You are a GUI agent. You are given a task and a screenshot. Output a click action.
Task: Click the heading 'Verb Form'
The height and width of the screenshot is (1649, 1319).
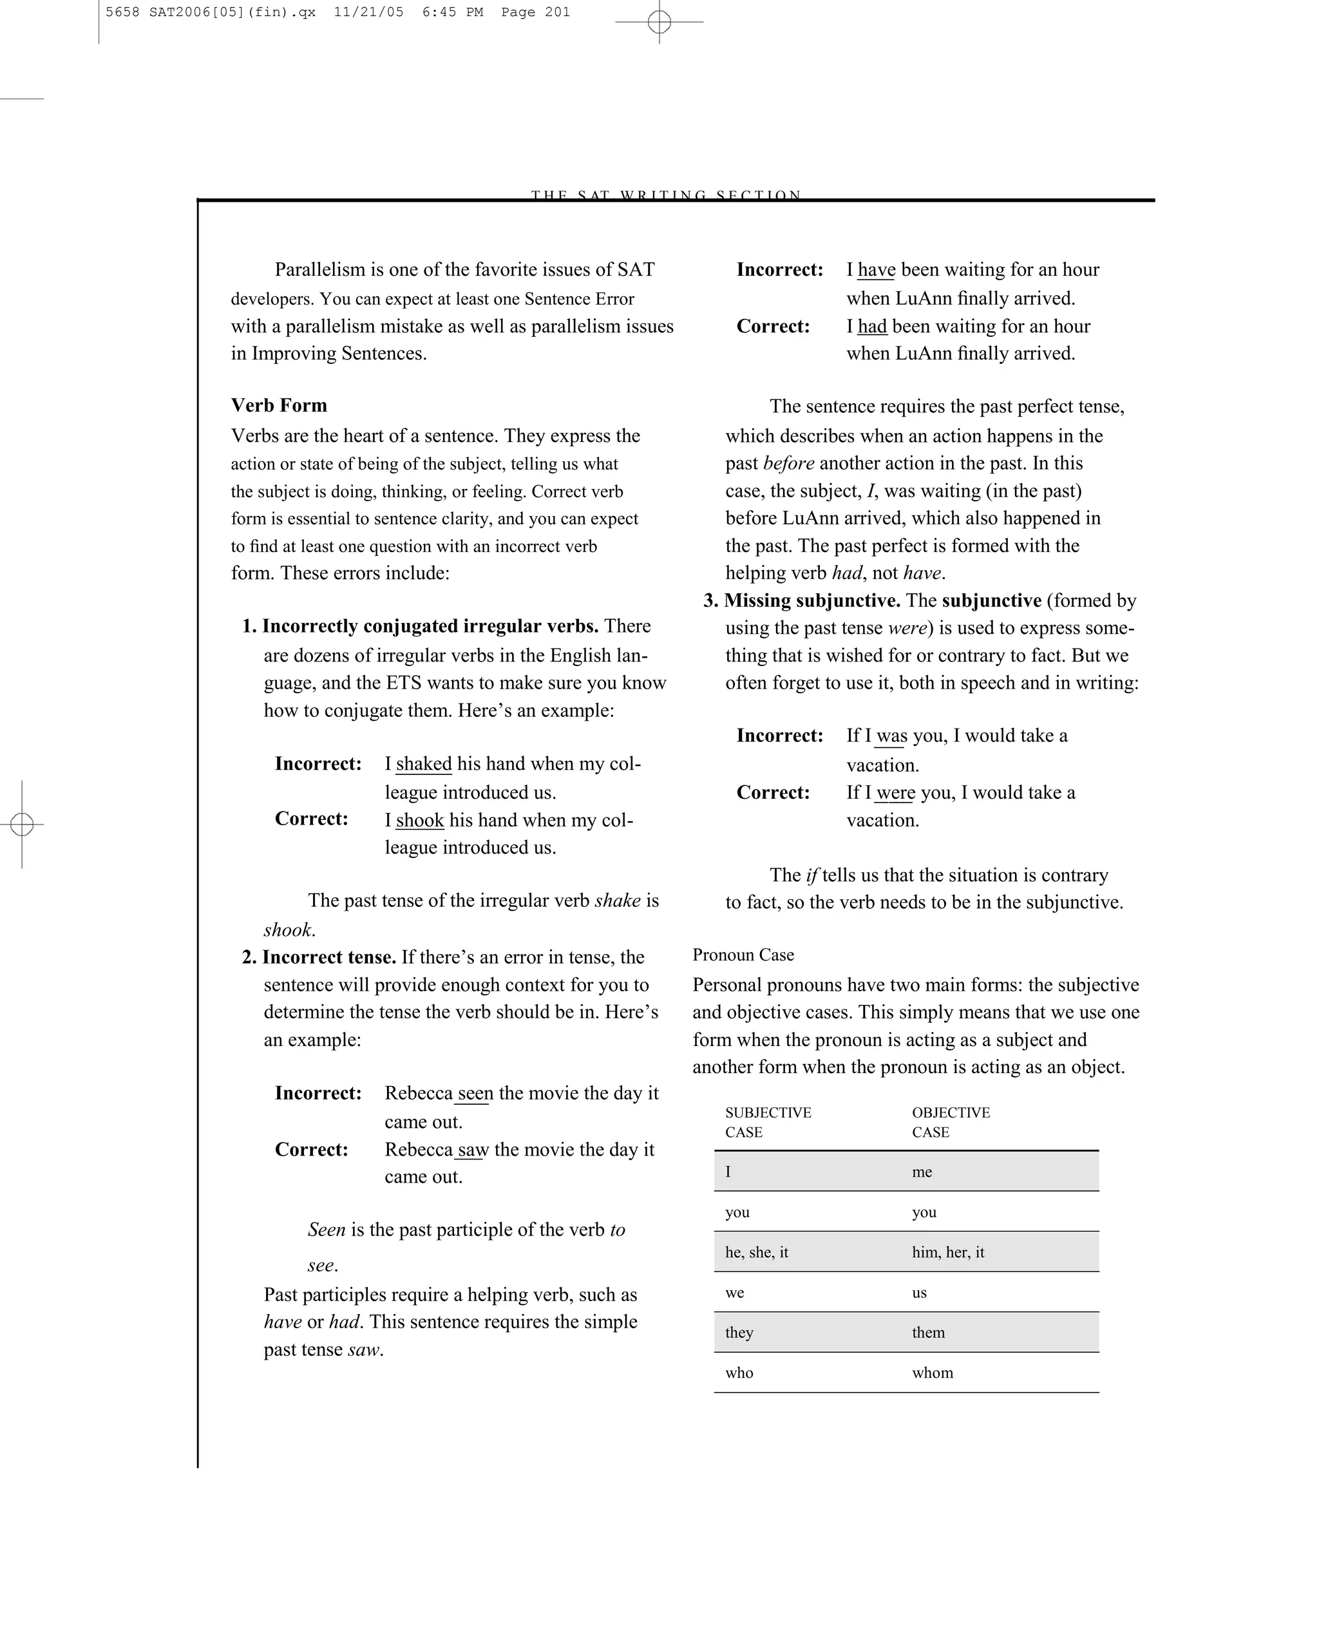[x=278, y=405]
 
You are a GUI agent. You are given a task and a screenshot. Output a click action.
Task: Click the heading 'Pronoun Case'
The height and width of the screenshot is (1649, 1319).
[x=743, y=955]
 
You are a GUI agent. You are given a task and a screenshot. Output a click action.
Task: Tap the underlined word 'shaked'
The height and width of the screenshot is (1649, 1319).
[x=423, y=764]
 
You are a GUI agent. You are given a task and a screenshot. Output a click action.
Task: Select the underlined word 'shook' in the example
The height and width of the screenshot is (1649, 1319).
[x=419, y=820]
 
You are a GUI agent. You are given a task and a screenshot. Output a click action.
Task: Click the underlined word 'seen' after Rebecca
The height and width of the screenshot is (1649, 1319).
[x=475, y=1094]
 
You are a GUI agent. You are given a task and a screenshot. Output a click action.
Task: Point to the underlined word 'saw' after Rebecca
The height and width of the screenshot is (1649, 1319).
[x=473, y=1150]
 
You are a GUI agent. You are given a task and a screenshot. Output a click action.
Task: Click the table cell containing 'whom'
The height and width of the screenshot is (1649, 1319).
[x=932, y=1373]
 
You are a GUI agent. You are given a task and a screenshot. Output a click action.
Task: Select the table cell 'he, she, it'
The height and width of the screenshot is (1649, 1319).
[x=756, y=1252]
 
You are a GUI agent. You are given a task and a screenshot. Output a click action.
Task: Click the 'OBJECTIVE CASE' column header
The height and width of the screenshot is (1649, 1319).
[x=951, y=1122]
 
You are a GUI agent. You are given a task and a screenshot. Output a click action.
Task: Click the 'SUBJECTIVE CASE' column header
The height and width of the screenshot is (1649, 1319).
[x=768, y=1122]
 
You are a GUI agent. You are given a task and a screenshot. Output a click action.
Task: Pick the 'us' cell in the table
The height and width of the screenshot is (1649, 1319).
[x=919, y=1293]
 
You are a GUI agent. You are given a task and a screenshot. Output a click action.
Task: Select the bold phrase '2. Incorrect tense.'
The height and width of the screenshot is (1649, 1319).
[x=319, y=958]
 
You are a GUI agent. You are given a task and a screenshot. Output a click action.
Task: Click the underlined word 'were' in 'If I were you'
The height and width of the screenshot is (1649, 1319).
[x=895, y=792]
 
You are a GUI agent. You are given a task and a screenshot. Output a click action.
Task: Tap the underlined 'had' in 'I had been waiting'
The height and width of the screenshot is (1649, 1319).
[x=871, y=327]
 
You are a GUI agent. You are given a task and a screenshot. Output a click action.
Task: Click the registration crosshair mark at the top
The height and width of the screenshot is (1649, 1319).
[x=659, y=22]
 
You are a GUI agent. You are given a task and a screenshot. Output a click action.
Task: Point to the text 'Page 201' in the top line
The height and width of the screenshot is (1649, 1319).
[x=535, y=12]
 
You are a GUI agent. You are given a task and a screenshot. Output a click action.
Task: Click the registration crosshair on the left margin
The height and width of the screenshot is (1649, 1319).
[x=22, y=824]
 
